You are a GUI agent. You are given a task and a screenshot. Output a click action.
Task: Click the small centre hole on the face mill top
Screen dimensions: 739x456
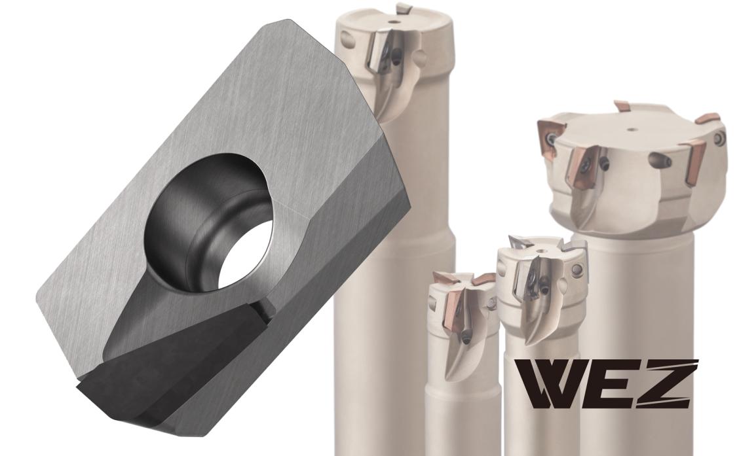pyautogui.click(x=631, y=128)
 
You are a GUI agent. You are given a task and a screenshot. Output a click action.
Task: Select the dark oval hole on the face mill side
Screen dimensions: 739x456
pyautogui.click(x=660, y=161)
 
